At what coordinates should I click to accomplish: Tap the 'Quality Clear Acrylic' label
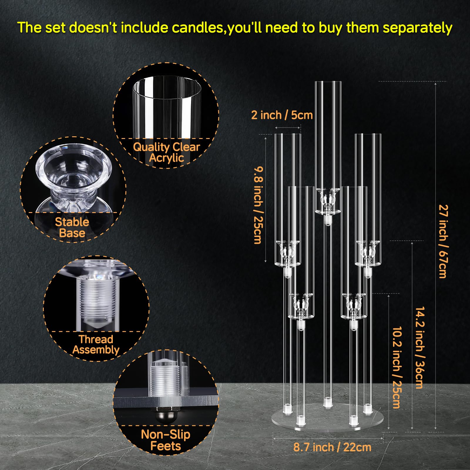[x=167, y=152]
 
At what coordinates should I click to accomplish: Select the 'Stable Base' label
[x=72, y=227]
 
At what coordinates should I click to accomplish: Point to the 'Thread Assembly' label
[x=96, y=345]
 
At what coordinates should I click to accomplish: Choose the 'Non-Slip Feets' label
[x=166, y=440]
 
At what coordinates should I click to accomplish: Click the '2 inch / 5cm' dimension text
[x=282, y=115]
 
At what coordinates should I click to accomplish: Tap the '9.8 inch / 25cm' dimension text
[x=258, y=205]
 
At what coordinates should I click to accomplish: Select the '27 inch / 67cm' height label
[x=443, y=241]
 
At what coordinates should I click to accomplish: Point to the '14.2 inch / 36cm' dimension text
[x=420, y=348]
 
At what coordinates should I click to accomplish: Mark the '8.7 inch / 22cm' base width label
[x=332, y=447]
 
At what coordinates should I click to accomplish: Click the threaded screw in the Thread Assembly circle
[x=96, y=300]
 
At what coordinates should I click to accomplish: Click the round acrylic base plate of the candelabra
[x=328, y=420]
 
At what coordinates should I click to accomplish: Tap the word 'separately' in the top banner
[x=417, y=28]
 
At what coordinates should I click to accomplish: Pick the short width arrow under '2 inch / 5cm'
[x=288, y=127]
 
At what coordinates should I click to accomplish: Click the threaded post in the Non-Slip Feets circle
[x=166, y=379]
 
